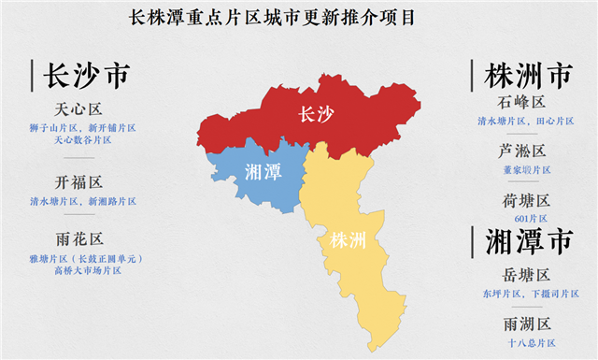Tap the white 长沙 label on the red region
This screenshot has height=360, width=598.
(x=315, y=114)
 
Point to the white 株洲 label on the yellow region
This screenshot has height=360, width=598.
(x=349, y=240)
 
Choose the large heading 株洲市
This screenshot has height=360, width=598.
(x=528, y=75)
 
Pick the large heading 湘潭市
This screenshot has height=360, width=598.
(x=528, y=241)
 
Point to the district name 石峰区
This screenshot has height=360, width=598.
(x=523, y=102)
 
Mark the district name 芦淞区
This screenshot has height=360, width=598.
(x=523, y=151)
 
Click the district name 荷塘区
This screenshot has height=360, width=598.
(x=523, y=200)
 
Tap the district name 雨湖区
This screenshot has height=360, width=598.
(x=523, y=324)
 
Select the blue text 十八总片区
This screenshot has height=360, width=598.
(x=523, y=343)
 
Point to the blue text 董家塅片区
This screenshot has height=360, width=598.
(x=523, y=170)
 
